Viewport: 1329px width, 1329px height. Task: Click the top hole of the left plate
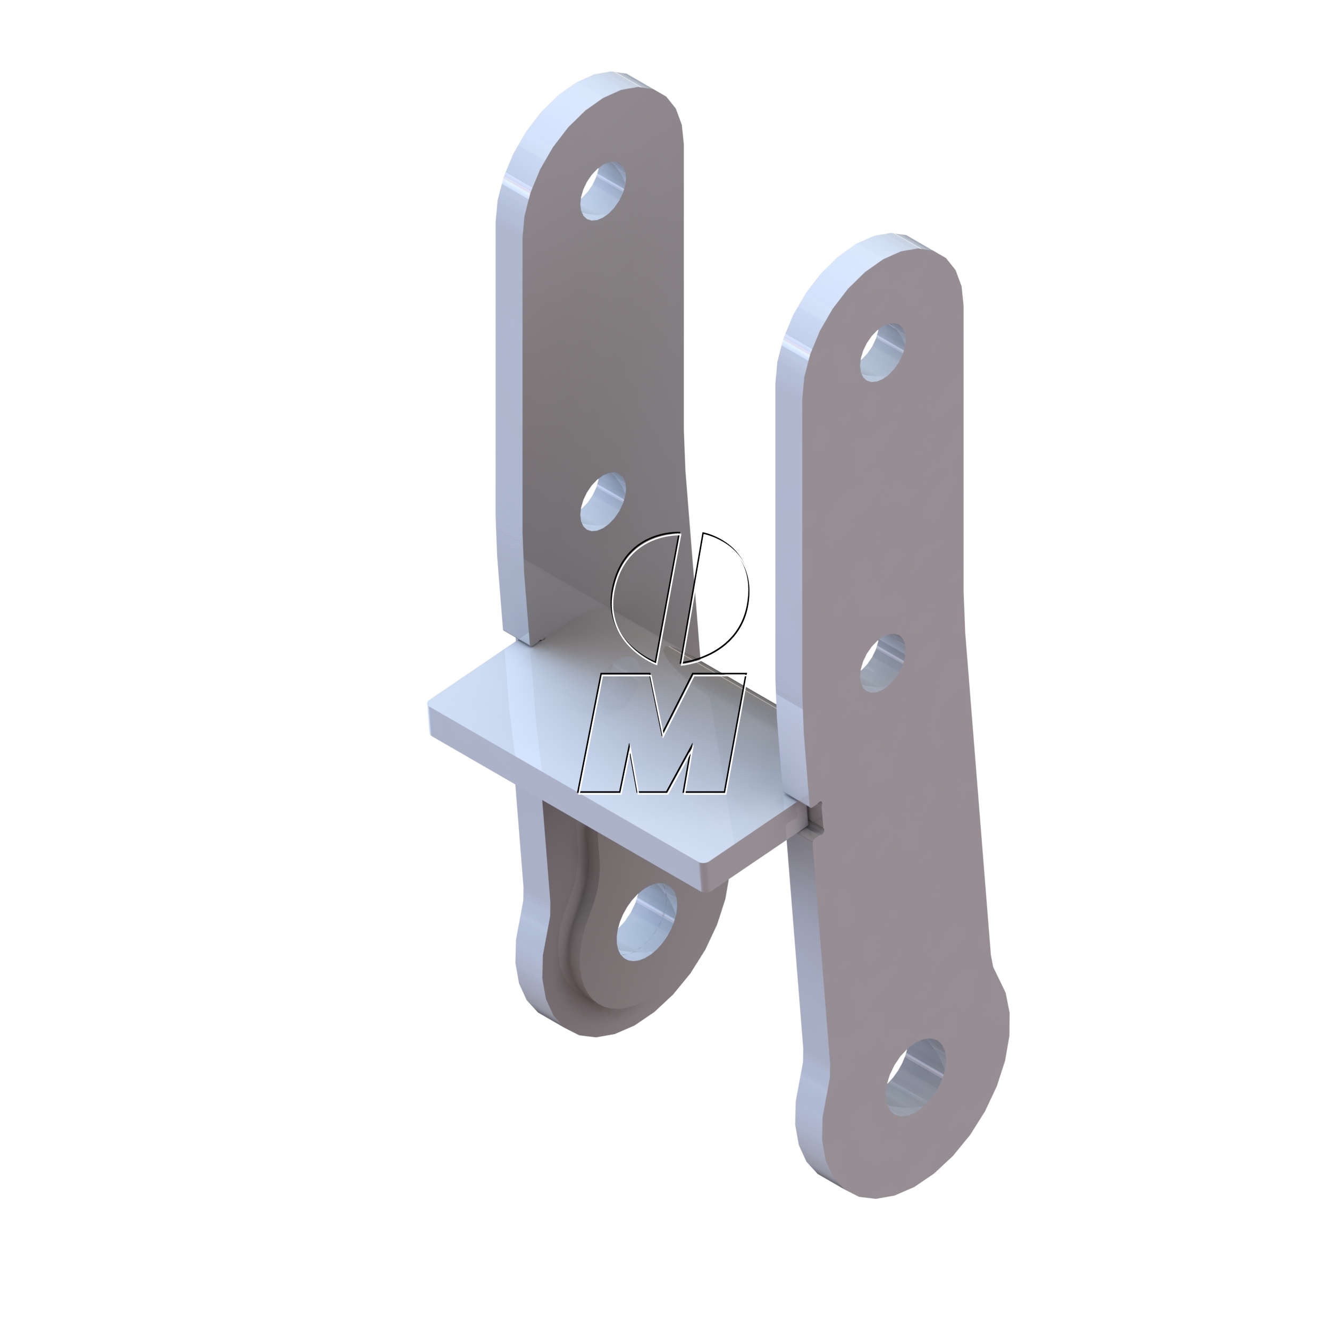603,191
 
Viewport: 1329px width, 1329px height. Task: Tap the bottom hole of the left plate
646,922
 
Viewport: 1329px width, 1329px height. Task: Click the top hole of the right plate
882,353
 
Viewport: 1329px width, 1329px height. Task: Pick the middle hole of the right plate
882,663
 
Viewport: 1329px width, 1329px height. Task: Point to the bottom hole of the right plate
915,1076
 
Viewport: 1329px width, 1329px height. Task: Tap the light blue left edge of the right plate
788,550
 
